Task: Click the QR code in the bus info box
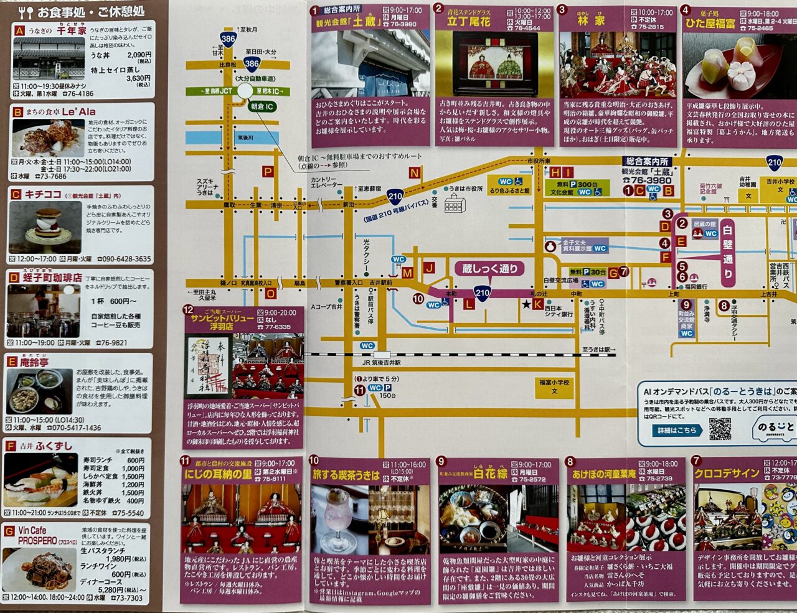click(720, 429)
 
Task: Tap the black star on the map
click(527, 304)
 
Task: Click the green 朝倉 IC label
click(262, 107)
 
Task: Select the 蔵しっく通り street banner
click(490, 269)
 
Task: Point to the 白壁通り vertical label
click(728, 252)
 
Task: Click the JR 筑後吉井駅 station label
click(382, 362)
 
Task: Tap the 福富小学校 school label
click(554, 386)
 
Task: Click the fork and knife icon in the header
click(26, 12)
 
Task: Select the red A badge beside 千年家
click(20, 30)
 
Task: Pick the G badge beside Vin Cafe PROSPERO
click(10, 531)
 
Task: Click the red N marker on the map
click(415, 174)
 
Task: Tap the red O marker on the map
click(270, 294)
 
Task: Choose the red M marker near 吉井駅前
click(407, 273)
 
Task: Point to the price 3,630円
click(139, 78)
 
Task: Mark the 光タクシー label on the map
click(366, 251)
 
